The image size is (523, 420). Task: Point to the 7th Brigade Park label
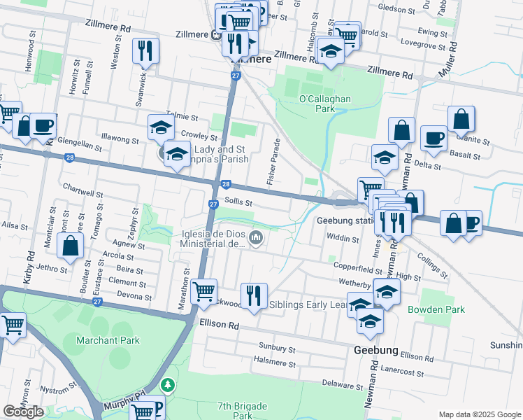pyautogui.click(x=234, y=410)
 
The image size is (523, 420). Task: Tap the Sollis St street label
pyautogui.click(x=238, y=202)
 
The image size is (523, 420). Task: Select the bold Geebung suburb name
pyautogui.click(x=376, y=350)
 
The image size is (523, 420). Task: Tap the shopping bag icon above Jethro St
pyautogui.click(x=71, y=246)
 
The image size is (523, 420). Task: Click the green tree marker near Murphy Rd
pyautogui.click(x=167, y=385)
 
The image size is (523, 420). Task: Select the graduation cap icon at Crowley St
pyautogui.click(x=161, y=128)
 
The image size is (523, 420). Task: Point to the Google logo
pyautogui.click(x=23, y=412)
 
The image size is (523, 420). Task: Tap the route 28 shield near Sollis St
pyautogui.click(x=225, y=184)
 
